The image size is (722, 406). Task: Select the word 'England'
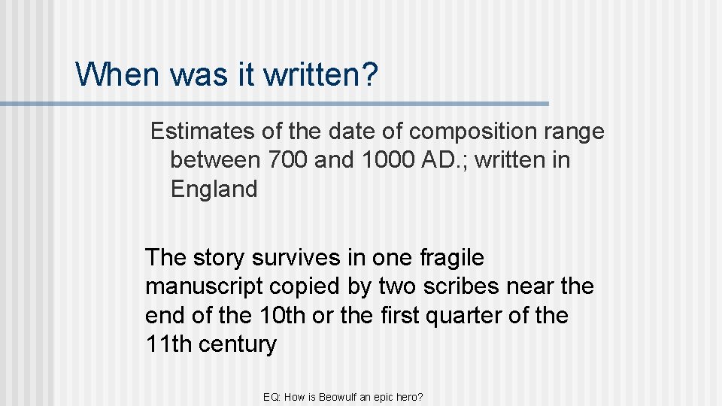[x=214, y=189]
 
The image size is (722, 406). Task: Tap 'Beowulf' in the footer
[x=340, y=396]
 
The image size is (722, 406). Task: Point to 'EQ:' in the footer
[x=272, y=396]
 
